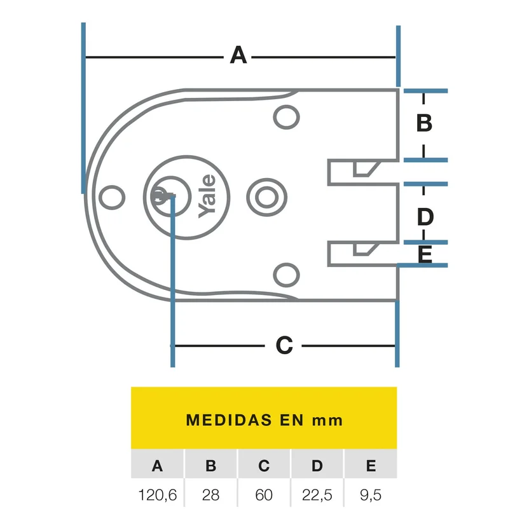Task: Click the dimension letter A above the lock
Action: tap(238, 55)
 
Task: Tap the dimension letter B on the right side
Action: tap(424, 123)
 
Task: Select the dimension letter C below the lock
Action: tap(284, 345)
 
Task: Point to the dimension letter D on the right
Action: tap(425, 217)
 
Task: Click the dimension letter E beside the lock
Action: tap(425, 254)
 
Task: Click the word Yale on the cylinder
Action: tap(207, 196)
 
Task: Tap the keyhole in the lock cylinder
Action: tap(161, 196)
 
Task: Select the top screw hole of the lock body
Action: tap(286, 117)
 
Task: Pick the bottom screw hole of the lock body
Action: tap(286, 275)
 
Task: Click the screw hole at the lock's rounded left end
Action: tap(112, 197)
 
